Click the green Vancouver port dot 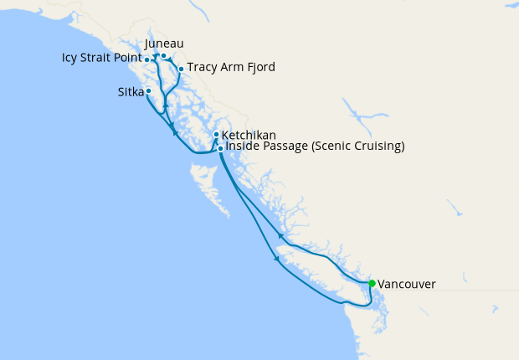pyautogui.click(x=372, y=283)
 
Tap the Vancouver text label pyautogui.click(x=407, y=285)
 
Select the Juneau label pyautogui.click(x=164, y=44)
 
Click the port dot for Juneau pyautogui.click(x=164, y=56)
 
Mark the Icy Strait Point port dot pyautogui.click(x=147, y=59)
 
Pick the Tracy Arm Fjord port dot pyautogui.click(x=181, y=69)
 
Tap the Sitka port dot pyautogui.click(x=148, y=90)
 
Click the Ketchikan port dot pyautogui.click(x=216, y=134)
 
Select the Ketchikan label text pyautogui.click(x=249, y=134)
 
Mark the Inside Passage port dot pyautogui.click(x=220, y=148)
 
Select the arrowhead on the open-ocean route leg pyautogui.click(x=276, y=259)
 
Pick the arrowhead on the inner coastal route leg pyautogui.click(x=280, y=237)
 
